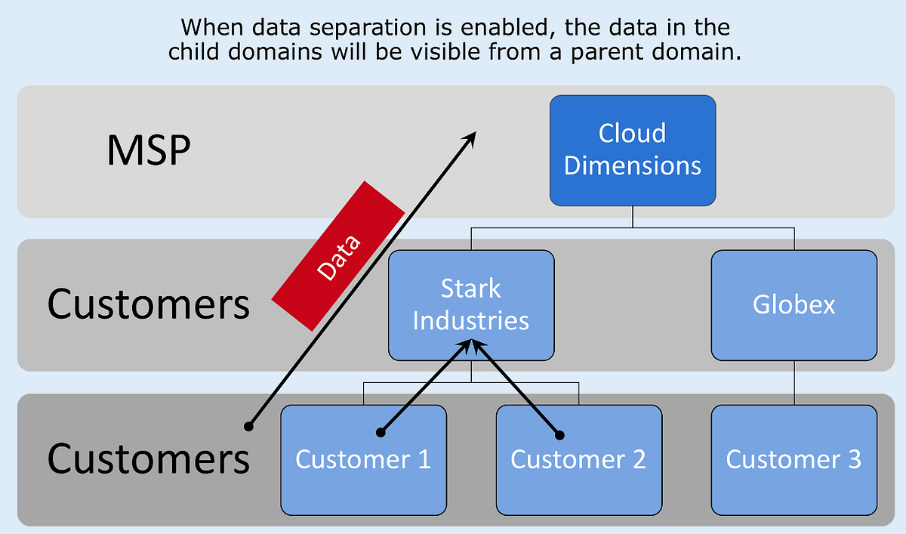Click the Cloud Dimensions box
[x=633, y=150]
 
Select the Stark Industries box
[x=471, y=305]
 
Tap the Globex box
[x=794, y=305]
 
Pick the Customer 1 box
[x=363, y=459]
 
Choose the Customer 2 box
[x=578, y=459]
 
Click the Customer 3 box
[x=794, y=459]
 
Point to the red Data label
[x=339, y=255]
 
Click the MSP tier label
[x=148, y=151]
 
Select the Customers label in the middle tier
[x=148, y=305]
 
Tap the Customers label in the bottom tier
[x=148, y=459]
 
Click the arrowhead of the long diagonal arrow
[x=473, y=135]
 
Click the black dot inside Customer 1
[x=381, y=434]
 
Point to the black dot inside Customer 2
[x=559, y=434]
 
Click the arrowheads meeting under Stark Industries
[x=471, y=344]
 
